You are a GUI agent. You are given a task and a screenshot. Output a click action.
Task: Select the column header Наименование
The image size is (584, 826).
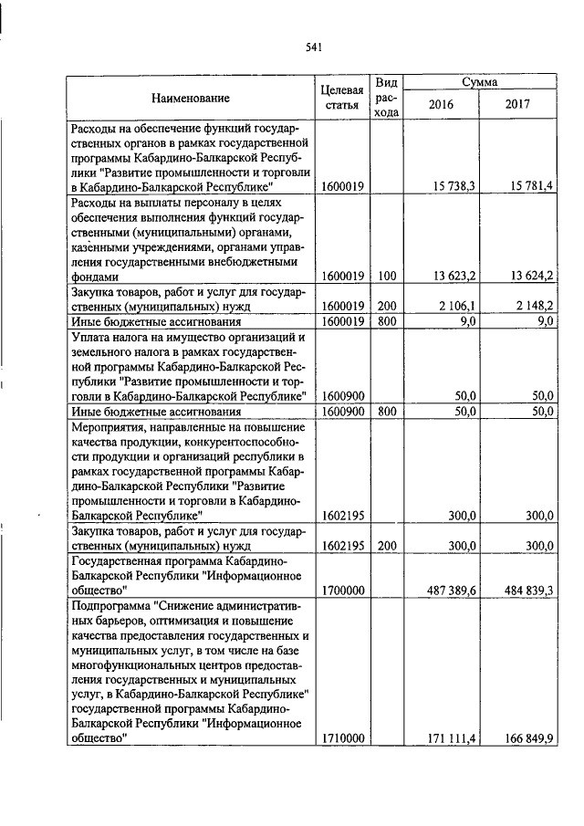tap(191, 98)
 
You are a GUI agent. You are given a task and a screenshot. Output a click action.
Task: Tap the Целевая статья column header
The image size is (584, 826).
tap(343, 98)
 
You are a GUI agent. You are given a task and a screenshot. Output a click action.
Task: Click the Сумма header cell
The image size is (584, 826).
tap(479, 82)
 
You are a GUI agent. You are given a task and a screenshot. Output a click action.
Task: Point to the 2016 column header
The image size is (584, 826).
tap(441, 104)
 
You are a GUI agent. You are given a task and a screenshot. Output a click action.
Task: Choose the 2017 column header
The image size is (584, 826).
tap(517, 104)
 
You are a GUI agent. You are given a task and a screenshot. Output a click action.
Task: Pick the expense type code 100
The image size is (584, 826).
tap(387, 276)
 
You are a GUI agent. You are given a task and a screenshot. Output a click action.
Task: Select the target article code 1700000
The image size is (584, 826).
tap(343, 591)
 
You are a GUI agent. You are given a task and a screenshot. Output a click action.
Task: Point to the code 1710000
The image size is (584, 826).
tap(343, 738)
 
